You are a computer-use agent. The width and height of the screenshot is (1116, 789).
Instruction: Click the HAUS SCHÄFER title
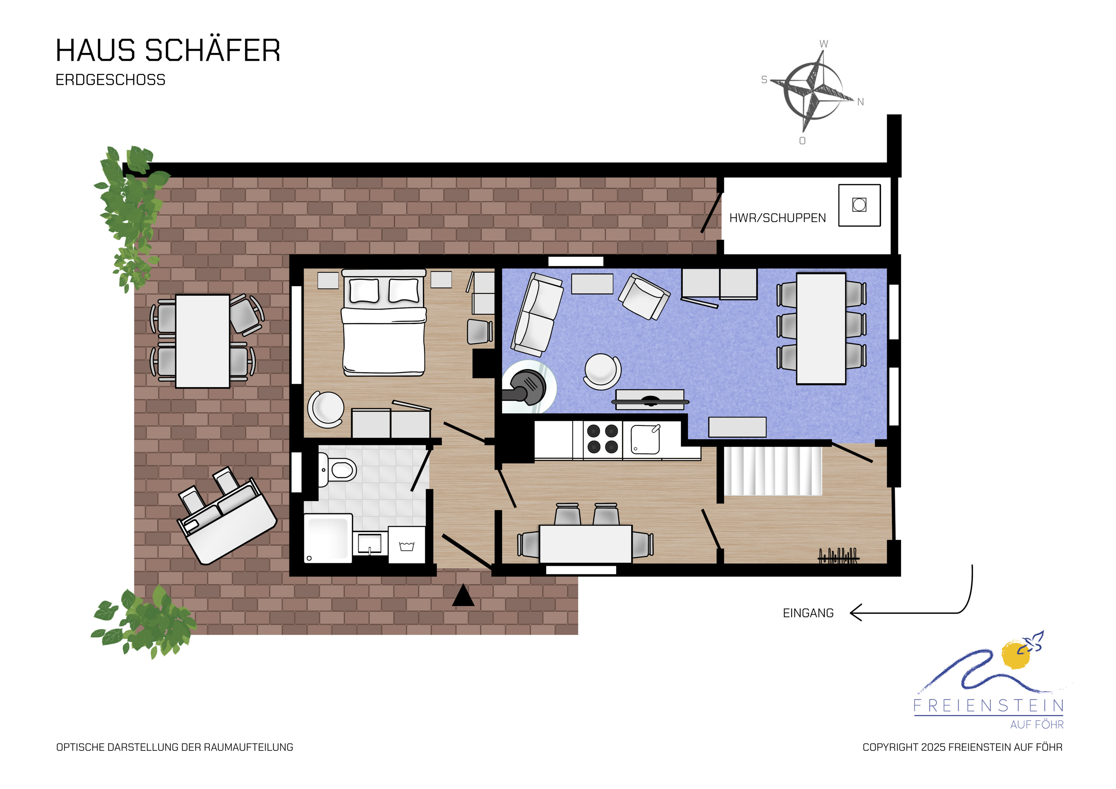coord(168,50)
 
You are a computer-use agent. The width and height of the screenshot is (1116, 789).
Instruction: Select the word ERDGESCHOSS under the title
coord(110,80)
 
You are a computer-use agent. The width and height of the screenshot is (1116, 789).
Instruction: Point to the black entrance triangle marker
coord(463,595)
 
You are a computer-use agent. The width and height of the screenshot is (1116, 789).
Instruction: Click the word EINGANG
coord(808,613)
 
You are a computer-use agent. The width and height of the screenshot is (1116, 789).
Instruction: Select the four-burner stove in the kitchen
coord(602,439)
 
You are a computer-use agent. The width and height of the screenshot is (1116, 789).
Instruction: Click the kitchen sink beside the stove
coord(645,439)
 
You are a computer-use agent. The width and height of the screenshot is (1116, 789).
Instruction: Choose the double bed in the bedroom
coord(384,323)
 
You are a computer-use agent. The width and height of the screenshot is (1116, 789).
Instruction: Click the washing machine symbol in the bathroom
coord(407,545)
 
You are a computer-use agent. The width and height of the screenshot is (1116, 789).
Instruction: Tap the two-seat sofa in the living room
coord(537,314)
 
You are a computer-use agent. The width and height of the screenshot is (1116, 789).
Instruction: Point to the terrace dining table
coord(202,341)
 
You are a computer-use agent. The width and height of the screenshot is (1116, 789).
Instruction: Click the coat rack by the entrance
coord(838,556)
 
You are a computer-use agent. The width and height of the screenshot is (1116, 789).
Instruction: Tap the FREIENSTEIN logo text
coord(989,705)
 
